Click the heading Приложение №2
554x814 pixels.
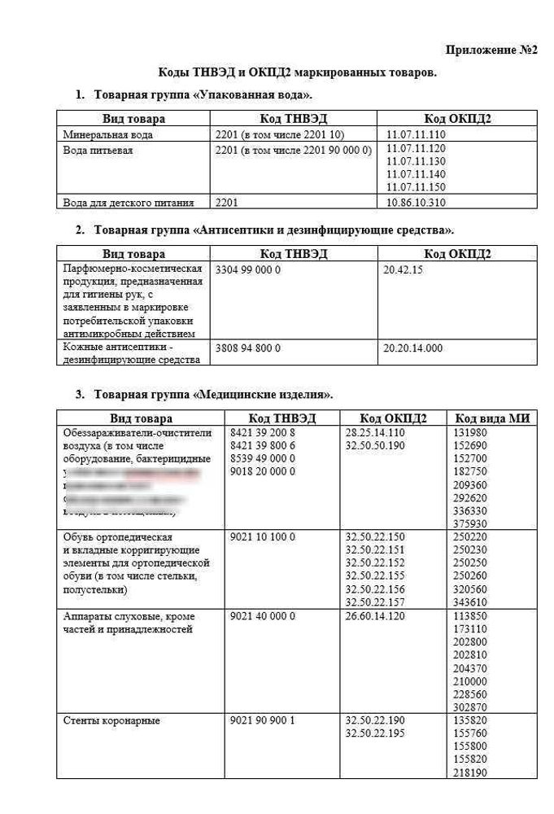(492, 50)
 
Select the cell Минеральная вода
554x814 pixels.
(108, 134)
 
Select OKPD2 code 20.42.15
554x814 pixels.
(403, 269)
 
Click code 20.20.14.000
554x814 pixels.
(412, 348)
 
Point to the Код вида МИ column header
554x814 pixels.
(492, 418)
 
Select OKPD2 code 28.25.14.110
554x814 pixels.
(375, 432)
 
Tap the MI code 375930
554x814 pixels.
(470, 523)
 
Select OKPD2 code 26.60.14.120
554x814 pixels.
(375, 616)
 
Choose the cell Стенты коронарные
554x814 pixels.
(111, 720)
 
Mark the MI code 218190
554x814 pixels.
(470, 772)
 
